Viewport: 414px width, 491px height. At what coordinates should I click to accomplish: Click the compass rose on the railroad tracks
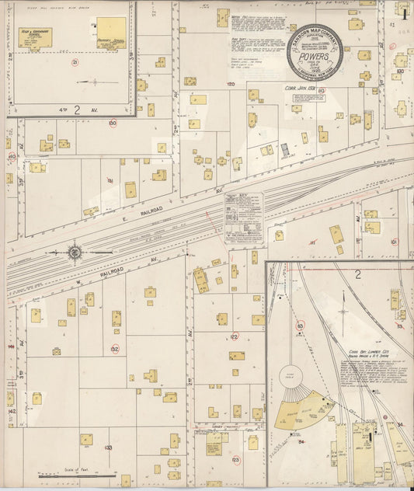coord(75,252)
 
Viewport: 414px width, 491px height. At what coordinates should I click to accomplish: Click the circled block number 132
coord(114,349)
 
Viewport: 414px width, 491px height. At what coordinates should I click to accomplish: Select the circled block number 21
coord(75,62)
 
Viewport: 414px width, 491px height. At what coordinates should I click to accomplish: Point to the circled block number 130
coord(113,123)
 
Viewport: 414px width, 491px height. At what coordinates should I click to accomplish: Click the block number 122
coord(234,336)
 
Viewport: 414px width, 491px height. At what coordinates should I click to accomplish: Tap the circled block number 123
coord(235,460)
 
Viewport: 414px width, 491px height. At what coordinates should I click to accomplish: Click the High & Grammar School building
coord(36,37)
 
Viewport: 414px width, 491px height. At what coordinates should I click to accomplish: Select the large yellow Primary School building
coord(111,33)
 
